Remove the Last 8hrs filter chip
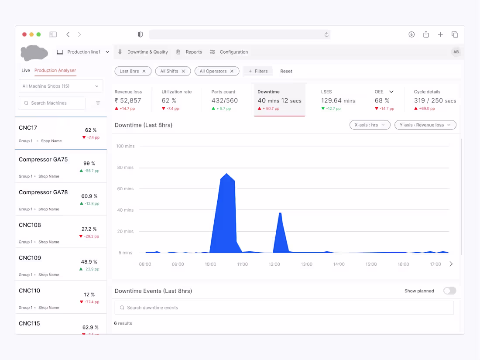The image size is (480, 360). click(144, 71)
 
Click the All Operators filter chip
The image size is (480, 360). click(217, 71)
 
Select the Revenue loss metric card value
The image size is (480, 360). click(128, 100)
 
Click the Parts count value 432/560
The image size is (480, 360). click(224, 100)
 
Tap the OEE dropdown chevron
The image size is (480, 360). click(391, 92)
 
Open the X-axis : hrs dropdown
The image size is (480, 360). click(370, 125)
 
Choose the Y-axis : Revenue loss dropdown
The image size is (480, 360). click(425, 125)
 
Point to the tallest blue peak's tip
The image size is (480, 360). click(226, 174)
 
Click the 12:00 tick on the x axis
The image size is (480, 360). click(274, 264)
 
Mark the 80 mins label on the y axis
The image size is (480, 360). click(125, 168)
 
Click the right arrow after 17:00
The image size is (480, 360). click(451, 264)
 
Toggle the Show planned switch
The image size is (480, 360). click(450, 291)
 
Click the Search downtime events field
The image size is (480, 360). click(284, 308)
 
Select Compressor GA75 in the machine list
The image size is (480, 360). click(43, 159)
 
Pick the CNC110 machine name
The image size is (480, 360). click(29, 291)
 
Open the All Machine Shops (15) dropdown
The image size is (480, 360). click(61, 86)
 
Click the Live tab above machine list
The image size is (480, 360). click(26, 70)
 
